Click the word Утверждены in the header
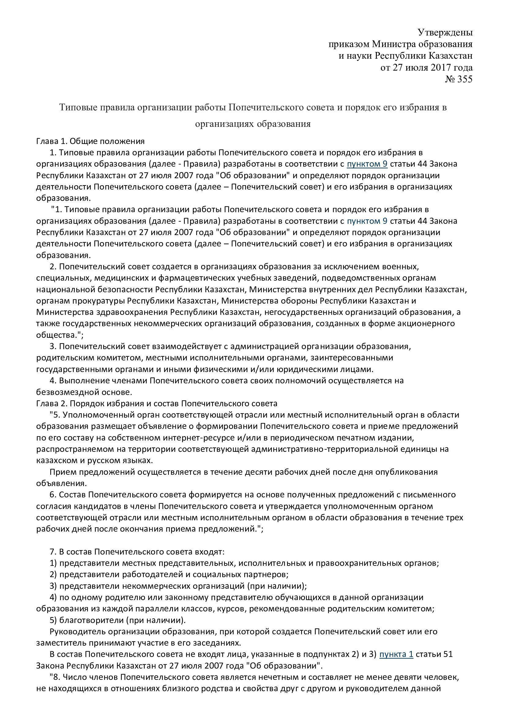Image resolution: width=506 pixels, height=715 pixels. [445, 32]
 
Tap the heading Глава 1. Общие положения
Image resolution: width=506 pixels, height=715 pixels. [90, 141]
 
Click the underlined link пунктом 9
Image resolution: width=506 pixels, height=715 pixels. [367, 164]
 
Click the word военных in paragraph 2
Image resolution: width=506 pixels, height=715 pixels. [393, 267]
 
